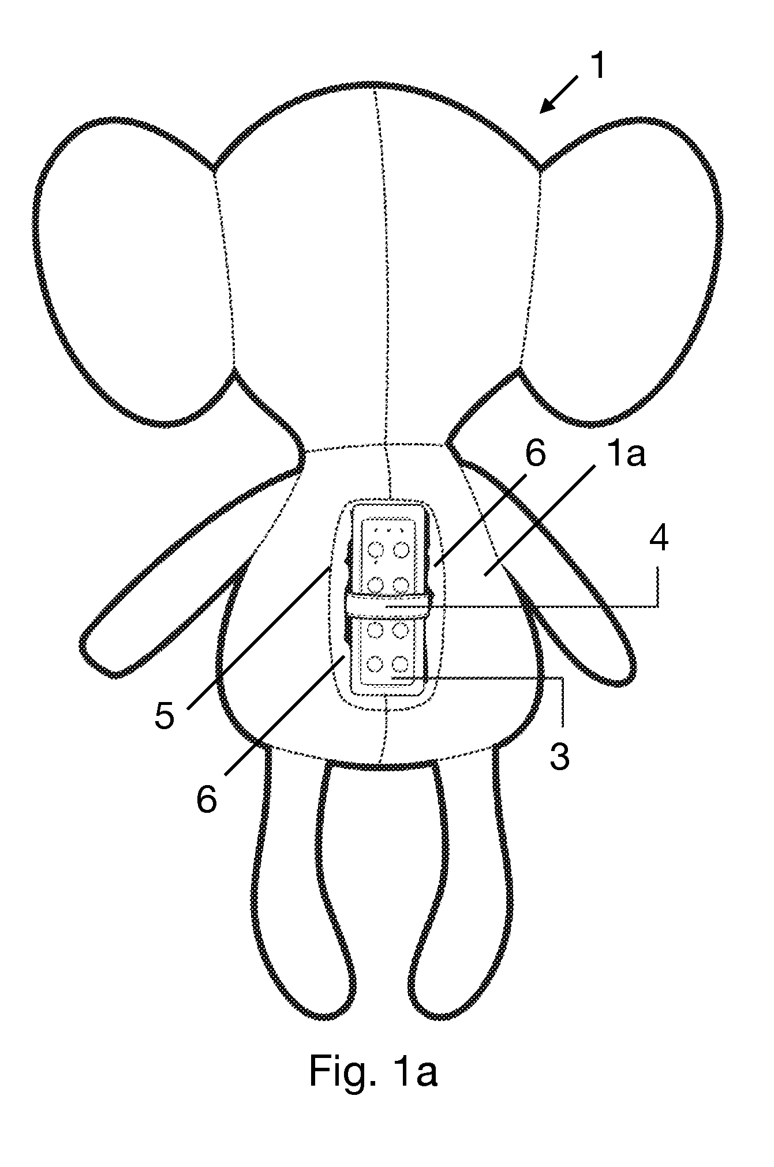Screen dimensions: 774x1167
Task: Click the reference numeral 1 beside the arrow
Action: tap(599, 66)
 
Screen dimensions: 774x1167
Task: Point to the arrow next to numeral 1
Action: tap(559, 95)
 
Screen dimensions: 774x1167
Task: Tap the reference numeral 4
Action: tap(657, 539)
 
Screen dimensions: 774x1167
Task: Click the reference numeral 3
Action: tap(164, 715)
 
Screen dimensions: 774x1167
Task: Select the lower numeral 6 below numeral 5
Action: tap(207, 800)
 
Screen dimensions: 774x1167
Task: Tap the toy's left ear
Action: tap(136, 271)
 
